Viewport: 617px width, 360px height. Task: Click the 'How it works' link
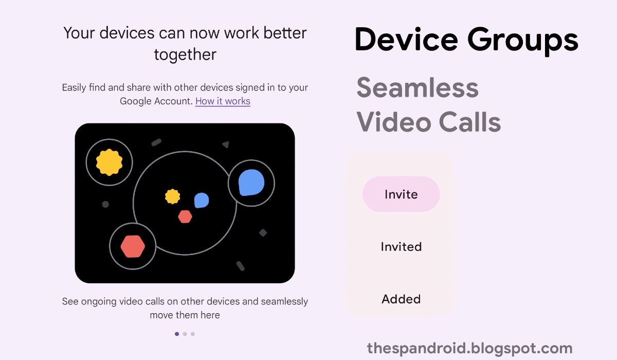click(223, 101)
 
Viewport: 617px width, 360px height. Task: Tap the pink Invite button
click(401, 194)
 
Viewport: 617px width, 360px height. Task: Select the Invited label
click(402, 246)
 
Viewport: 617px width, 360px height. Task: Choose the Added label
click(402, 299)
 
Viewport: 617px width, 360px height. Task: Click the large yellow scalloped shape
click(110, 162)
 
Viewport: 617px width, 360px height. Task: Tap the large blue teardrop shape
click(251, 183)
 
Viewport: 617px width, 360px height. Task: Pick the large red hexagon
click(133, 246)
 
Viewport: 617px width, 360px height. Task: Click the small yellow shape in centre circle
click(172, 196)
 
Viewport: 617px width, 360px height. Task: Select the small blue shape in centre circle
click(202, 200)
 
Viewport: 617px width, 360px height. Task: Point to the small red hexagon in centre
click(185, 217)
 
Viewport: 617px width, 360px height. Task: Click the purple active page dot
click(177, 334)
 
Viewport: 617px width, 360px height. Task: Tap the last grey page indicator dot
click(193, 334)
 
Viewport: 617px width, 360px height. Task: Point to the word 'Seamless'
click(418, 87)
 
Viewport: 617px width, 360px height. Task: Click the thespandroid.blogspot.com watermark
click(470, 349)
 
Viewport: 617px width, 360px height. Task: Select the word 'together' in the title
click(185, 55)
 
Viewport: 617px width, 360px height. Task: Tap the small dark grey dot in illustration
click(105, 204)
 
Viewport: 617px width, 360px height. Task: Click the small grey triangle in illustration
click(226, 145)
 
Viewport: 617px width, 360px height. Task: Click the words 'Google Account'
click(156, 101)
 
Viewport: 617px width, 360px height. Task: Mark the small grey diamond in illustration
click(263, 233)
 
